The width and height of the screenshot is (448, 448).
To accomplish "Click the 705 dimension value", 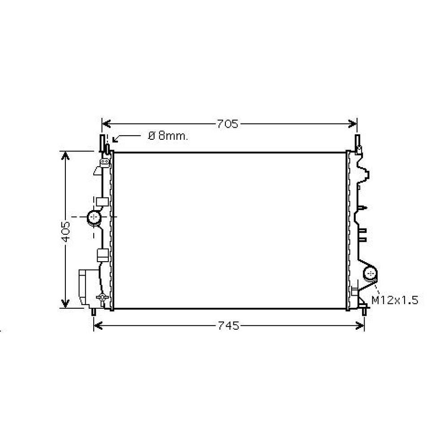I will point(228,124).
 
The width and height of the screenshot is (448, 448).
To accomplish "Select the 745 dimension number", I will point(228,326).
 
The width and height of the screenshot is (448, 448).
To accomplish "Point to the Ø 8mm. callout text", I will point(168,136).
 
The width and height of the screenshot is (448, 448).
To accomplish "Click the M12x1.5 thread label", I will point(394,300).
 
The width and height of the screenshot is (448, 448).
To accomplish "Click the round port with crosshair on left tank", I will point(94,217).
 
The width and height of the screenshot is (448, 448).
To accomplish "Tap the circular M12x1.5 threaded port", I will point(370,273).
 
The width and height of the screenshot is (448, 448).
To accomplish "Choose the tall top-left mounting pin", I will point(102,143).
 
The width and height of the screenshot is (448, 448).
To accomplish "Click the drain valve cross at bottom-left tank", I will point(103,297).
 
